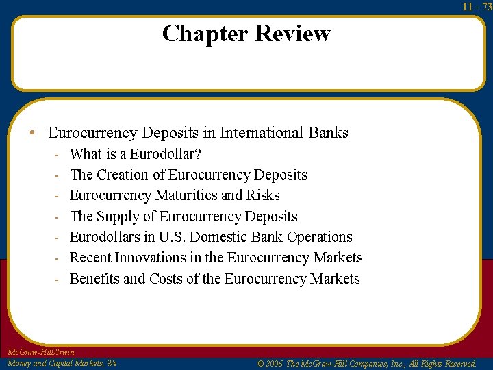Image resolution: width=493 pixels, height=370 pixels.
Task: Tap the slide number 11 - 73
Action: (477, 6)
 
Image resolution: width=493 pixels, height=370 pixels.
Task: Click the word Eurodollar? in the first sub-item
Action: (165, 154)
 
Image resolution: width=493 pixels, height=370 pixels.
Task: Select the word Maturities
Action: (186, 195)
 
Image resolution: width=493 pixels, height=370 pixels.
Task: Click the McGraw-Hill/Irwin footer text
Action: (40, 352)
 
